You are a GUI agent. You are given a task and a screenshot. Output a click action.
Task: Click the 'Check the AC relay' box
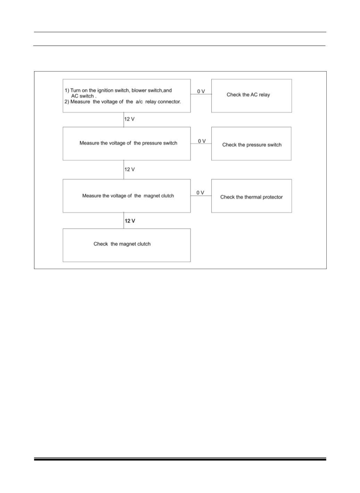coord(252,96)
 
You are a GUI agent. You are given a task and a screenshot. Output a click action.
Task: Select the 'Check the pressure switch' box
coord(251,143)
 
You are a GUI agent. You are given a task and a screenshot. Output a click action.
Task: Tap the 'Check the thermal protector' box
coord(252,196)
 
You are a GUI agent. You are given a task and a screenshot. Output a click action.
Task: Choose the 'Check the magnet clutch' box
coord(127,245)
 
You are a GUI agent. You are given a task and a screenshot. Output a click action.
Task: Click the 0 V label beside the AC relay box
coord(201,91)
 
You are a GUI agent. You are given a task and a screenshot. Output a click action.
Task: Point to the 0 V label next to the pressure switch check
coord(202,141)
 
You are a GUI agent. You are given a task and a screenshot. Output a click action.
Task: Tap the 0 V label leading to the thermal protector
coord(200,193)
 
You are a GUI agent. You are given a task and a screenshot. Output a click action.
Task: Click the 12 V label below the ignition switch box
coord(129,119)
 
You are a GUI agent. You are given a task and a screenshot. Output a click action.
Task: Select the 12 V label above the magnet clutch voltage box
coord(129,169)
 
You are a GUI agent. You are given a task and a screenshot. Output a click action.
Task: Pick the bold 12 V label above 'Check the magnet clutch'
coord(130,221)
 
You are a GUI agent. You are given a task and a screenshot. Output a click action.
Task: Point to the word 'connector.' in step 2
coord(169,102)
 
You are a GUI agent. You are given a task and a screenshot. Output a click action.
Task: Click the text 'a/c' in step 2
coord(139,102)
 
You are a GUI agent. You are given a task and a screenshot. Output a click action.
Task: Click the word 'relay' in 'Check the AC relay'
coord(264,95)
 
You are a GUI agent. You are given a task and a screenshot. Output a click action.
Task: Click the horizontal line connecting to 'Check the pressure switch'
coord(201,144)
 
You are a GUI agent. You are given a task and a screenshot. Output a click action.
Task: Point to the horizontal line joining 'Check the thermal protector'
coord(201,196)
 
